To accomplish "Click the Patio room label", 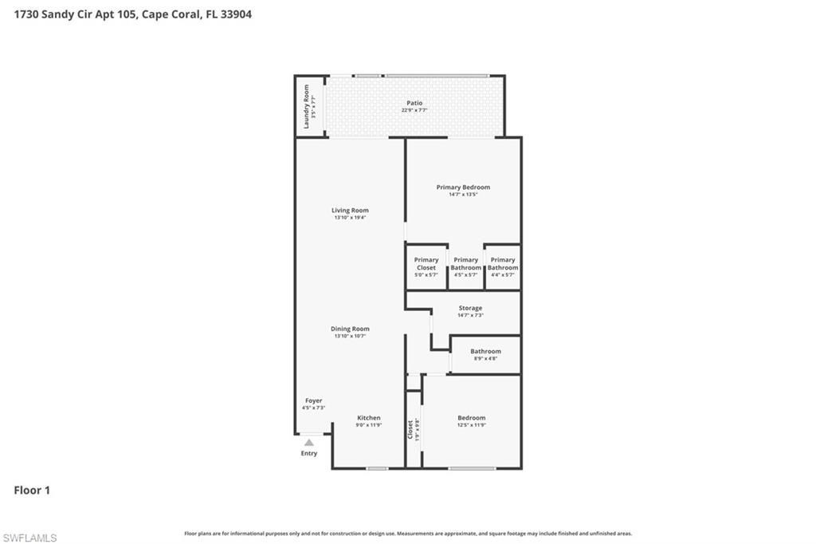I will click(414, 103).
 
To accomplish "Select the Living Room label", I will click(350, 211).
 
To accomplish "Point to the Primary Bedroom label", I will click(463, 187).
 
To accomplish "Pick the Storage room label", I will click(470, 308).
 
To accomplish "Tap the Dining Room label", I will click(350, 329).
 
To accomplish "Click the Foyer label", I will click(313, 400).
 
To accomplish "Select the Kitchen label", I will click(368, 418).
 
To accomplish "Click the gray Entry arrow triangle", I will click(308, 443).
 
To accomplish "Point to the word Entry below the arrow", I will click(308, 453).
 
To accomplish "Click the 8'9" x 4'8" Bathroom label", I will click(485, 351).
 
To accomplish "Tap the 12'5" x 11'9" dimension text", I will click(471, 425).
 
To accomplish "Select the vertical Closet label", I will click(410, 429).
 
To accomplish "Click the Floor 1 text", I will click(32, 491).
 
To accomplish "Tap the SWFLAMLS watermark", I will click(29, 538).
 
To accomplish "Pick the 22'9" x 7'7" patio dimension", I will click(414, 110).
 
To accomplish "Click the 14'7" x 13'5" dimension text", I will click(463, 195).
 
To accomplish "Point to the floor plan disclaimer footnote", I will click(407, 534).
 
